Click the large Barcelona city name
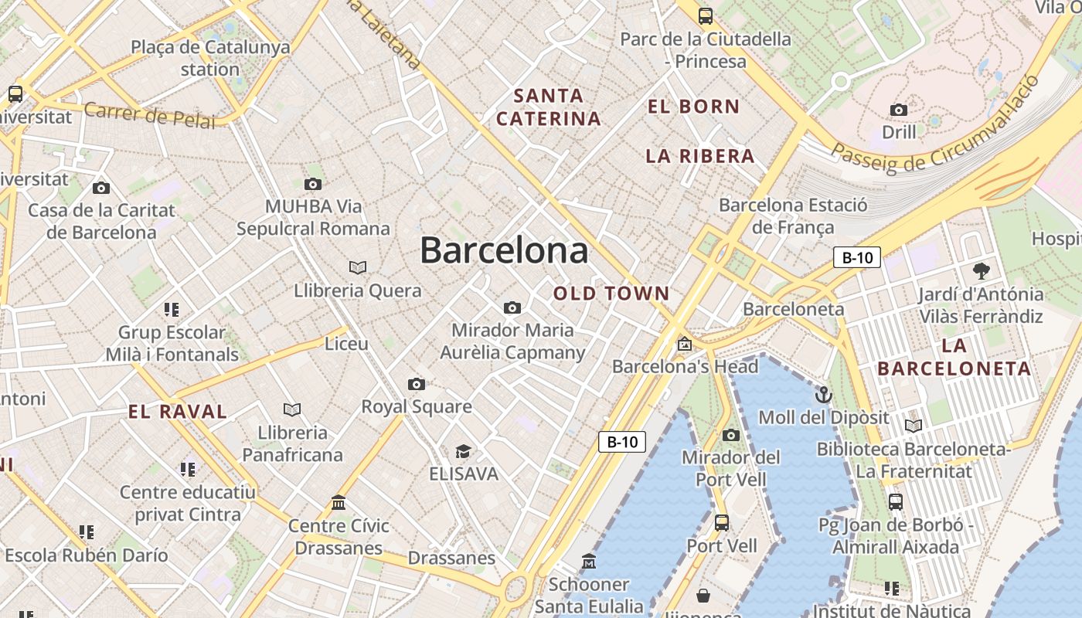click(504, 251)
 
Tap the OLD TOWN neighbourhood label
click(611, 294)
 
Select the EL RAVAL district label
click(178, 412)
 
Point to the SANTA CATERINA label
click(548, 107)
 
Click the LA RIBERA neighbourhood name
click(699, 156)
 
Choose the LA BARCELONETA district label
click(954, 357)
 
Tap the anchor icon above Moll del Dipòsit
click(824, 396)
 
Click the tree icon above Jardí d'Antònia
click(982, 271)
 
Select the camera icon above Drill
click(899, 110)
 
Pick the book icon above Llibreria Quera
click(357, 267)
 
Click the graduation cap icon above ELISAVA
click(463, 451)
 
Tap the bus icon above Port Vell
click(722, 523)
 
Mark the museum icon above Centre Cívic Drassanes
click(339, 503)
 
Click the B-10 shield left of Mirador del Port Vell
click(622, 442)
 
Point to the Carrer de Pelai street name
click(149, 115)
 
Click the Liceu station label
click(346, 344)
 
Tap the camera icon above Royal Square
click(417, 384)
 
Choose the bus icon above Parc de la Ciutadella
click(705, 15)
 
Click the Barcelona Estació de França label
click(793, 216)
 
